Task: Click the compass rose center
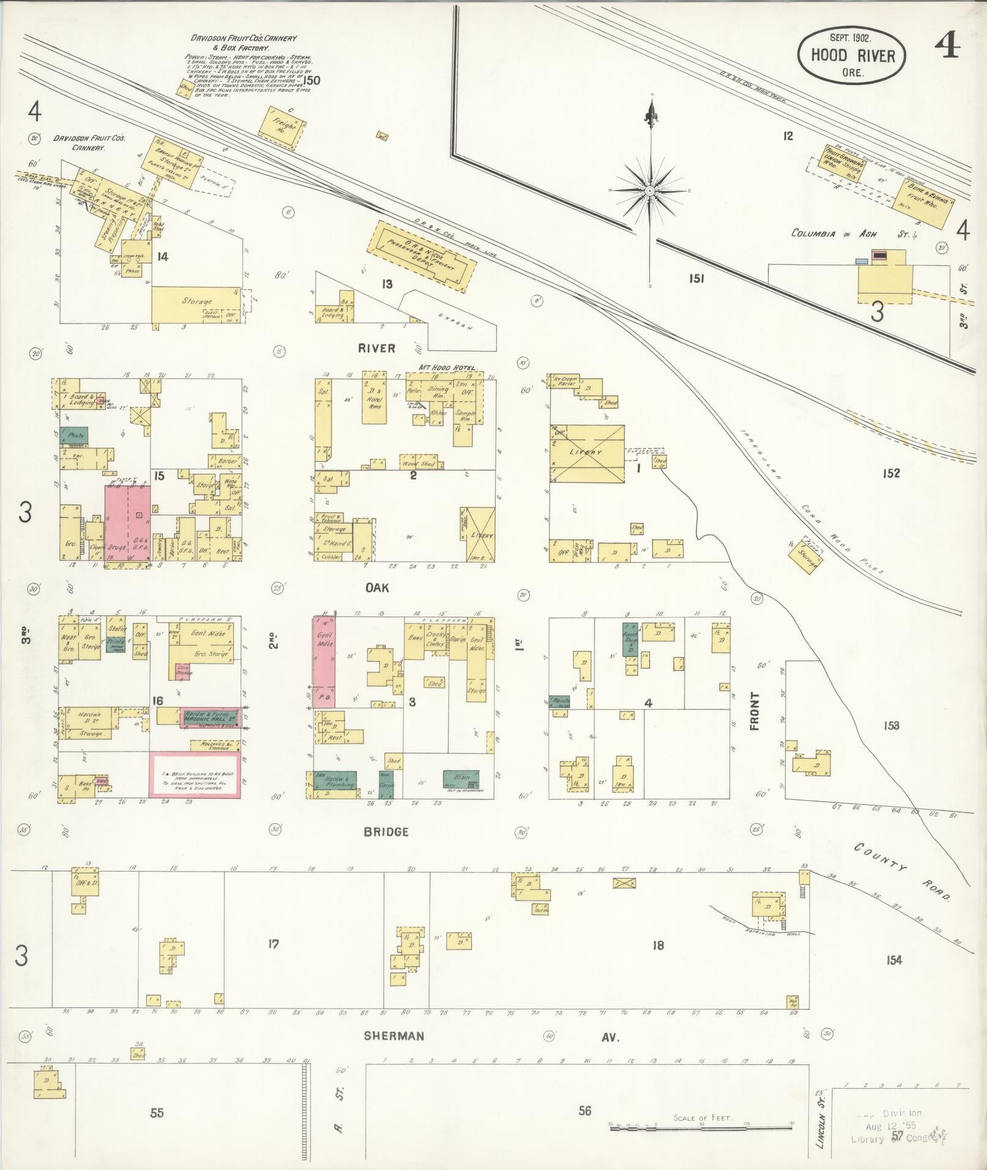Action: (x=650, y=191)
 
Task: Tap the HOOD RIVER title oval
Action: (x=852, y=56)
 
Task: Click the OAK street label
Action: (x=377, y=588)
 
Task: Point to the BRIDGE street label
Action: (x=385, y=832)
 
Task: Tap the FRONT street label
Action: (x=754, y=711)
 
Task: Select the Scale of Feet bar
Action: (x=701, y=1125)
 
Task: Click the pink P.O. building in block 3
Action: (x=324, y=662)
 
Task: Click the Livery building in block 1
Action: (x=587, y=453)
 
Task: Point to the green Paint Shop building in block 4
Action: (x=630, y=640)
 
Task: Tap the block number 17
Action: (x=273, y=944)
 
